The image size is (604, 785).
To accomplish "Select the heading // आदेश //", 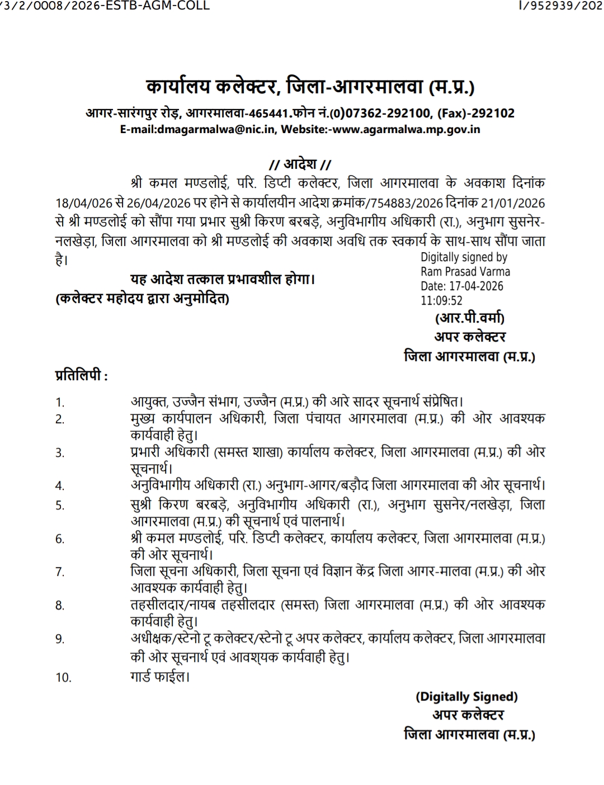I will [x=300, y=164].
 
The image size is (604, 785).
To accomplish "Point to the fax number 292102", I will [x=493, y=113].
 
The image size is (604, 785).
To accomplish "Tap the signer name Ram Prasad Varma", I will [x=465, y=272].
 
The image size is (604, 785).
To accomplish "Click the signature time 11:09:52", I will [x=442, y=301].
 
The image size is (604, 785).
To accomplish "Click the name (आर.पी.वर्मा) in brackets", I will [x=470, y=318].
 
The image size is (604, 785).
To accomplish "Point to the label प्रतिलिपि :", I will [x=82, y=375].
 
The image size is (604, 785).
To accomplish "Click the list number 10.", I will [x=63, y=678].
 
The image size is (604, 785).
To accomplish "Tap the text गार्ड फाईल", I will [x=158, y=677].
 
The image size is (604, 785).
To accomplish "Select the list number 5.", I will [x=60, y=505].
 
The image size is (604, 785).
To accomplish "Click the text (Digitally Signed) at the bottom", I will [x=466, y=697].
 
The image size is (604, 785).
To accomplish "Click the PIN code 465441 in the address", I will [x=270, y=113].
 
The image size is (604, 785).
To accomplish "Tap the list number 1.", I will [x=60, y=403].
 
